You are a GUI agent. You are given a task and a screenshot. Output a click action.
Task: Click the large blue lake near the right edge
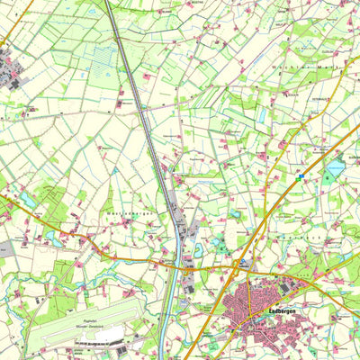[336, 167]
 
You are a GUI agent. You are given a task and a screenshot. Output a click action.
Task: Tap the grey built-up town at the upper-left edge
[11, 67]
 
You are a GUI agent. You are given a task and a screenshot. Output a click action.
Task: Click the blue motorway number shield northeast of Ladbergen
[300, 178]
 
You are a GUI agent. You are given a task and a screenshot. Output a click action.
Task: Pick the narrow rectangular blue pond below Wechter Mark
[262, 116]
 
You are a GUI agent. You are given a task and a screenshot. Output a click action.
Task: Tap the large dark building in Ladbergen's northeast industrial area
[286, 288]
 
